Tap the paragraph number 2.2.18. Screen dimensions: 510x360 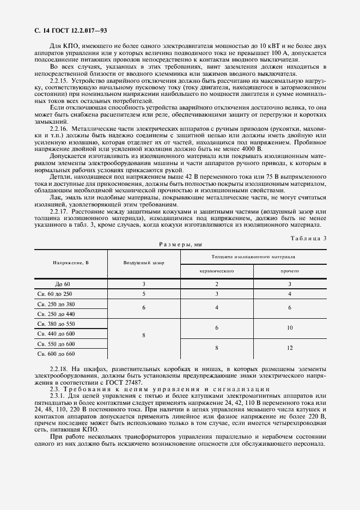coord(59,369)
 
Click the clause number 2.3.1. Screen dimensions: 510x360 coord(58,396)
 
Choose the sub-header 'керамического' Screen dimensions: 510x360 coord(216,271)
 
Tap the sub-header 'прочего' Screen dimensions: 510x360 coord(290,271)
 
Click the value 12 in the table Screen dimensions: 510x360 coord(290,348)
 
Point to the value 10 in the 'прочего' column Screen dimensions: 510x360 coord(290,328)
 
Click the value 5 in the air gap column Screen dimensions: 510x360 coord(144,294)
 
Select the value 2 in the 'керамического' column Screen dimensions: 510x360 coord(216,284)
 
